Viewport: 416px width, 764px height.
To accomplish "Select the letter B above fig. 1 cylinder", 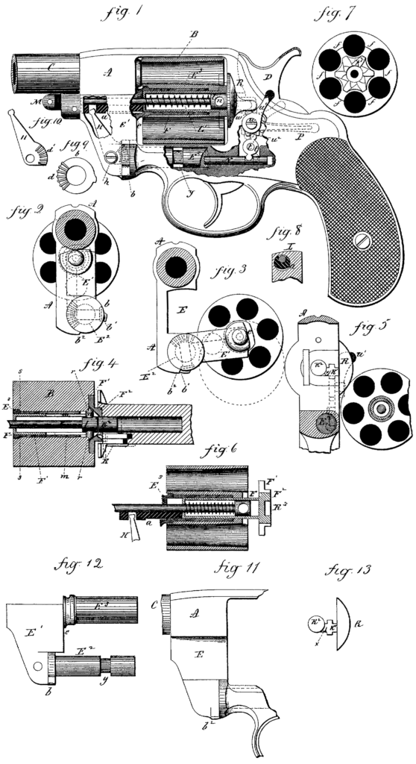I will pyautogui.click(x=194, y=34).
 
